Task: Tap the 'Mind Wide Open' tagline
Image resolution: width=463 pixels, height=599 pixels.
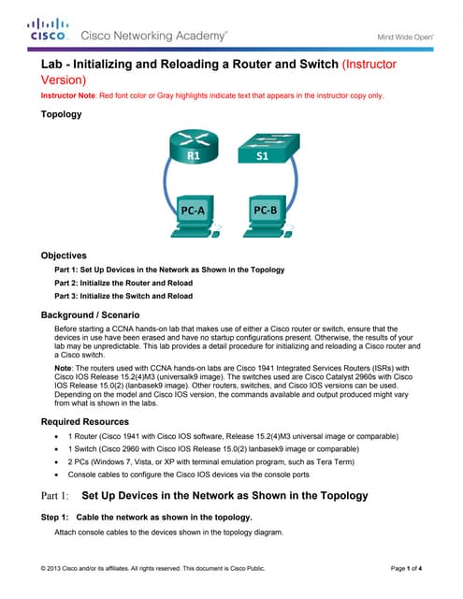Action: [404, 37]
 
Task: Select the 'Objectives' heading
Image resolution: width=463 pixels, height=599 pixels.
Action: [64, 255]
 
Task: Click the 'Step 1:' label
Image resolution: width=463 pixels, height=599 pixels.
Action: [55, 517]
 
